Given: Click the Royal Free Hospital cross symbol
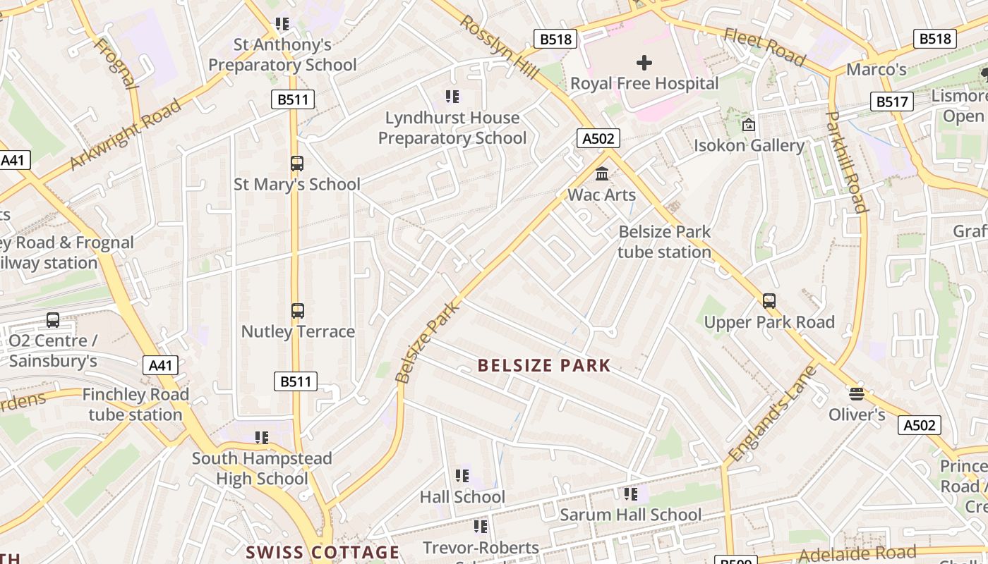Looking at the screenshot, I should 644,63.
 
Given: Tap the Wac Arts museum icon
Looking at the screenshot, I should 602,173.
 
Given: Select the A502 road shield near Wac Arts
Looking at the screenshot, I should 598,138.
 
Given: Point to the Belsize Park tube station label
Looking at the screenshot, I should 664,242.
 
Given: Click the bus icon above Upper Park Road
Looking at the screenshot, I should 769,301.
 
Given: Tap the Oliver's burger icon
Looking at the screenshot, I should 857,393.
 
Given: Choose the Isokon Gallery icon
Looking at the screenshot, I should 749,125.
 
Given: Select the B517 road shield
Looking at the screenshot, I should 891,102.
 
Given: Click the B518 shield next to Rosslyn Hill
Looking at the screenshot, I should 555,39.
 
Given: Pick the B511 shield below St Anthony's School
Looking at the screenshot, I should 292,99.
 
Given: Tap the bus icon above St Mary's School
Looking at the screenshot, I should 297,164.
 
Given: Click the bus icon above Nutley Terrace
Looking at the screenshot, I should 298,310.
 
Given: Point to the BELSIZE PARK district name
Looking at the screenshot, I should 544,365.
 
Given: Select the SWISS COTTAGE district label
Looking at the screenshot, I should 323,552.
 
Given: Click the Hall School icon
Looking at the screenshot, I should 462,476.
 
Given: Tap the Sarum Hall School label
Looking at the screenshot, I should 630,515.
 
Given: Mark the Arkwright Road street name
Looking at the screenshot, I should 126,135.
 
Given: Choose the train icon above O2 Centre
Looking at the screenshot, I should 53,320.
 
